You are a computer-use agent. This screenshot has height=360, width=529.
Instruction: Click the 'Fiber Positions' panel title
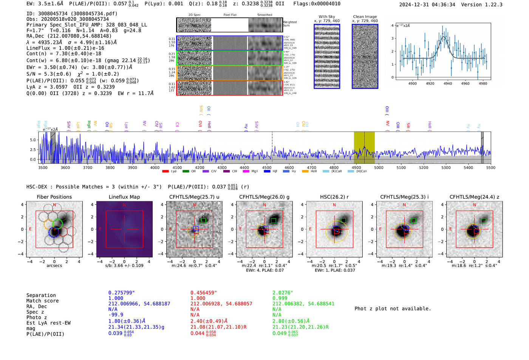(54, 197)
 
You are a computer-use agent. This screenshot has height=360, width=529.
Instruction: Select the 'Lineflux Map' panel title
(124, 197)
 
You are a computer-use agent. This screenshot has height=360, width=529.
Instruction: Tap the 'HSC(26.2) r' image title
(334, 197)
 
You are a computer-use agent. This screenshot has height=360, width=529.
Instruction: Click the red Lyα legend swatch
(165, 172)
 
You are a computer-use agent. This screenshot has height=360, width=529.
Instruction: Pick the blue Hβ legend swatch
(267, 172)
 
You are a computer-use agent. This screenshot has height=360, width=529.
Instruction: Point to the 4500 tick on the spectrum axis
(267, 167)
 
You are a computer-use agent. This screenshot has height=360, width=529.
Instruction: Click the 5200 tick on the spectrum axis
(424, 167)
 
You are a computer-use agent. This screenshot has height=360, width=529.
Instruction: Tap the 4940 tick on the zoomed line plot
(448, 83)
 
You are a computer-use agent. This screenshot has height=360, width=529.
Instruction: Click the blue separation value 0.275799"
(121, 293)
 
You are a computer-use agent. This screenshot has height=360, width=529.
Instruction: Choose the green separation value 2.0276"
(283, 293)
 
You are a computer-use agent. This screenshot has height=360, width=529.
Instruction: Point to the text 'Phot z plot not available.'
(393, 309)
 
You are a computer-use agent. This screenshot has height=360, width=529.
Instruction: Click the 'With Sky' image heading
(327, 17)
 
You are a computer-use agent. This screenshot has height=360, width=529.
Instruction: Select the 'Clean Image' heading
(365, 17)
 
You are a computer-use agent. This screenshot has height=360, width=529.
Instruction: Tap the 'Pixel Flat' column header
(230, 15)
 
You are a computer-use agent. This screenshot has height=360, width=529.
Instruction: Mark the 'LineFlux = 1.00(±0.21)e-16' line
(65, 48)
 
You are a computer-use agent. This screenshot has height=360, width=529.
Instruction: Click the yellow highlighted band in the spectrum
(364, 147)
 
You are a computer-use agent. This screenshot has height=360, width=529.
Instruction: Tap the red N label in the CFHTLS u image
(194, 205)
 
